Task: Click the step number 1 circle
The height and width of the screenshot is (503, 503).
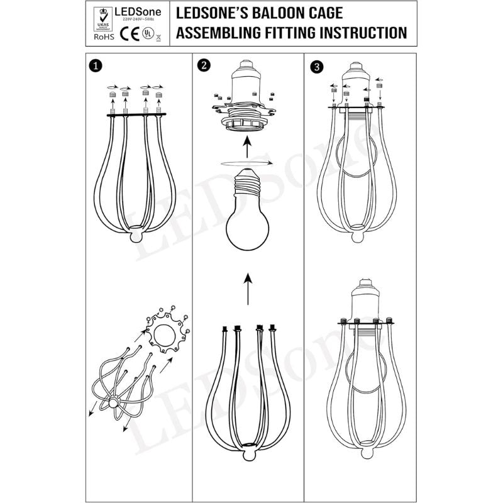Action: [x=94, y=65]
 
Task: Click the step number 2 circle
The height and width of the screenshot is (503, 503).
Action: [x=201, y=65]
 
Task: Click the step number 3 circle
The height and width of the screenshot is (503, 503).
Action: [x=316, y=65]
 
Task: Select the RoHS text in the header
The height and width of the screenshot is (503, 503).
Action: [x=103, y=37]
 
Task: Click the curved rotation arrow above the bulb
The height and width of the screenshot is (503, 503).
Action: [x=246, y=163]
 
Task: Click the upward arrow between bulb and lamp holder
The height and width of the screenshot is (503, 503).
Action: [x=247, y=148]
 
